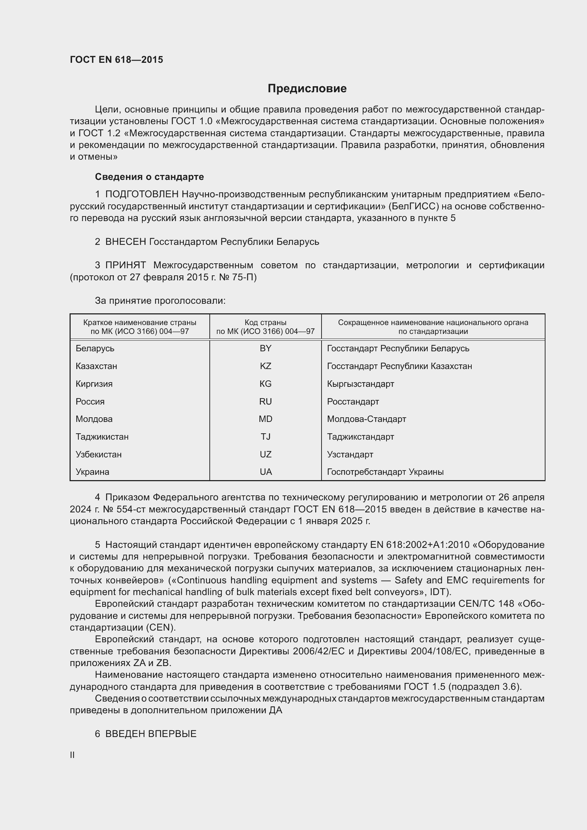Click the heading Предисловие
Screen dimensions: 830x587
(x=307, y=89)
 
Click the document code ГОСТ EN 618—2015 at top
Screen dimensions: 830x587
(x=116, y=60)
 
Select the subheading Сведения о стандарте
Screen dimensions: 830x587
(x=149, y=177)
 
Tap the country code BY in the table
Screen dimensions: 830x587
(x=265, y=348)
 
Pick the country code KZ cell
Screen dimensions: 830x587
(x=265, y=366)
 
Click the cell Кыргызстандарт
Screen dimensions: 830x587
(x=360, y=384)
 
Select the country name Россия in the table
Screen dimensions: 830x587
(x=90, y=402)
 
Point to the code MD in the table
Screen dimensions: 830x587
(x=265, y=419)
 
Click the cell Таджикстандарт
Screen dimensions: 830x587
(x=360, y=437)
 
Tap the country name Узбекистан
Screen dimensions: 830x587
(x=99, y=455)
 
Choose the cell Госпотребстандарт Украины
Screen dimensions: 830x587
(x=385, y=472)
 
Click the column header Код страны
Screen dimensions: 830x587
(x=265, y=323)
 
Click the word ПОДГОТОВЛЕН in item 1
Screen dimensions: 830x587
(x=142, y=194)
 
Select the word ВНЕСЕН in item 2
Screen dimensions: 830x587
(x=125, y=242)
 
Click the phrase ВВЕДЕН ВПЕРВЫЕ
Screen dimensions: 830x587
(x=151, y=734)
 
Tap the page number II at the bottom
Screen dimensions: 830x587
(x=72, y=755)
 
